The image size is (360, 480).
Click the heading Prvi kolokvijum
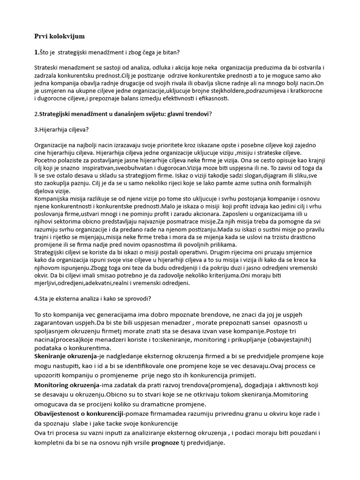pyautogui.click(x=60, y=36)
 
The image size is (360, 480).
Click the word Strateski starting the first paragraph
pyautogui.click(x=46, y=67)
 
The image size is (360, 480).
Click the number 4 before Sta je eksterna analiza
pyautogui.click(x=37, y=299)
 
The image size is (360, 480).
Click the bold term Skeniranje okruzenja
pyautogui.click(x=65, y=357)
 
